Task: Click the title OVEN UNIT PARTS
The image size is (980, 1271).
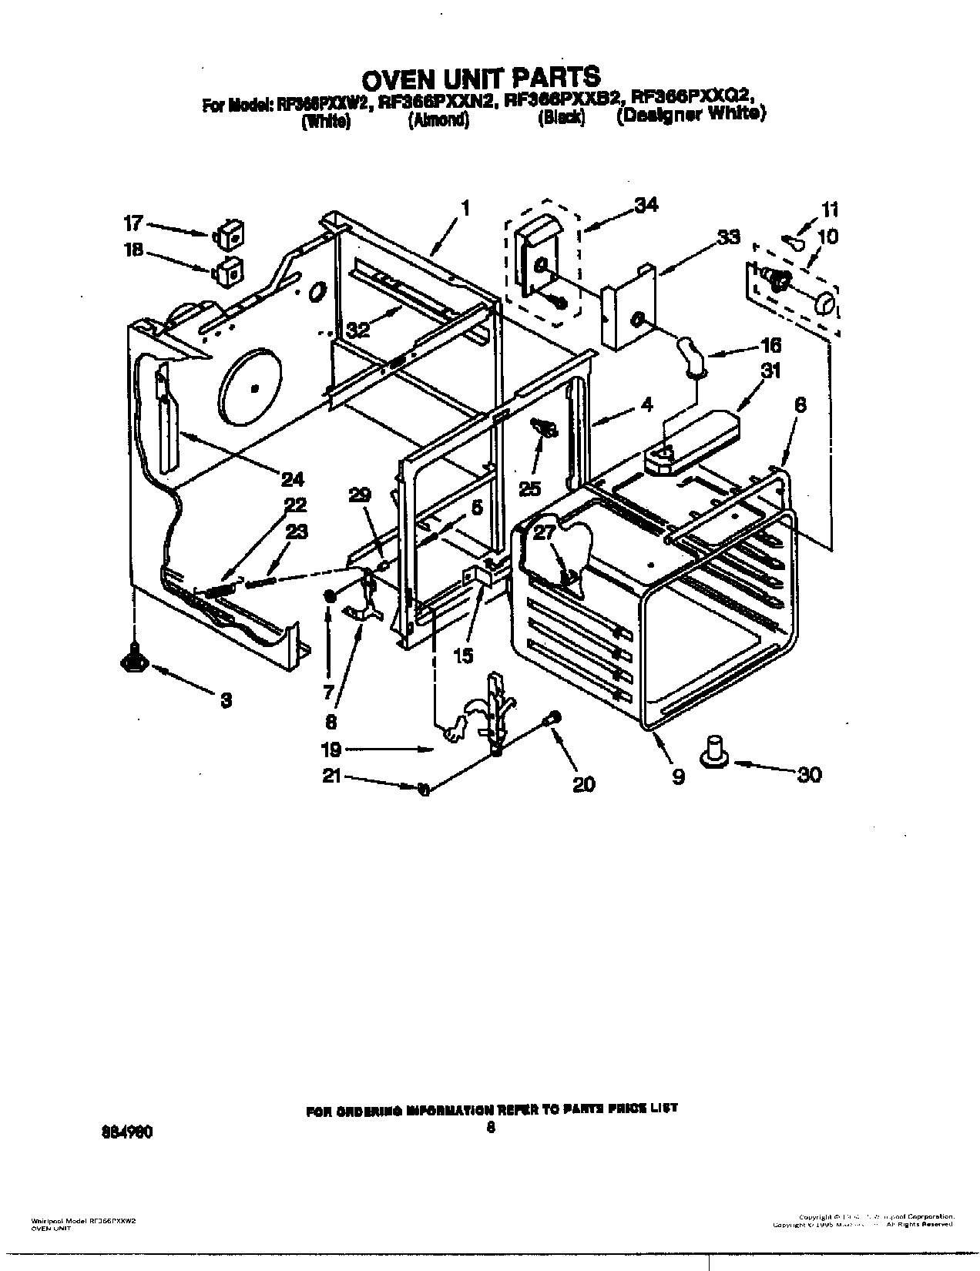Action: [x=481, y=77]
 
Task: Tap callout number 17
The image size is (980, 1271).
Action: [x=133, y=224]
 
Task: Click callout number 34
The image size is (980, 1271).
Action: [x=645, y=205]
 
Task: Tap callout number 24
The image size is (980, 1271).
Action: [x=292, y=479]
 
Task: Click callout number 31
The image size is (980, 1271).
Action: [x=770, y=371]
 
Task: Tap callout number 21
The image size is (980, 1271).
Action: [x=331, y=777]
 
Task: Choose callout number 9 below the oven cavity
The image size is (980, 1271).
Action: [x=678, y=777]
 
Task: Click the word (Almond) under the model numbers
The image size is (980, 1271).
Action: [x=438, y=121]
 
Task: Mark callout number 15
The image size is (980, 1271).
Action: [x=464, y=655]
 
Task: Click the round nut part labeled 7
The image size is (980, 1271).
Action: [x=330, y=597]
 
